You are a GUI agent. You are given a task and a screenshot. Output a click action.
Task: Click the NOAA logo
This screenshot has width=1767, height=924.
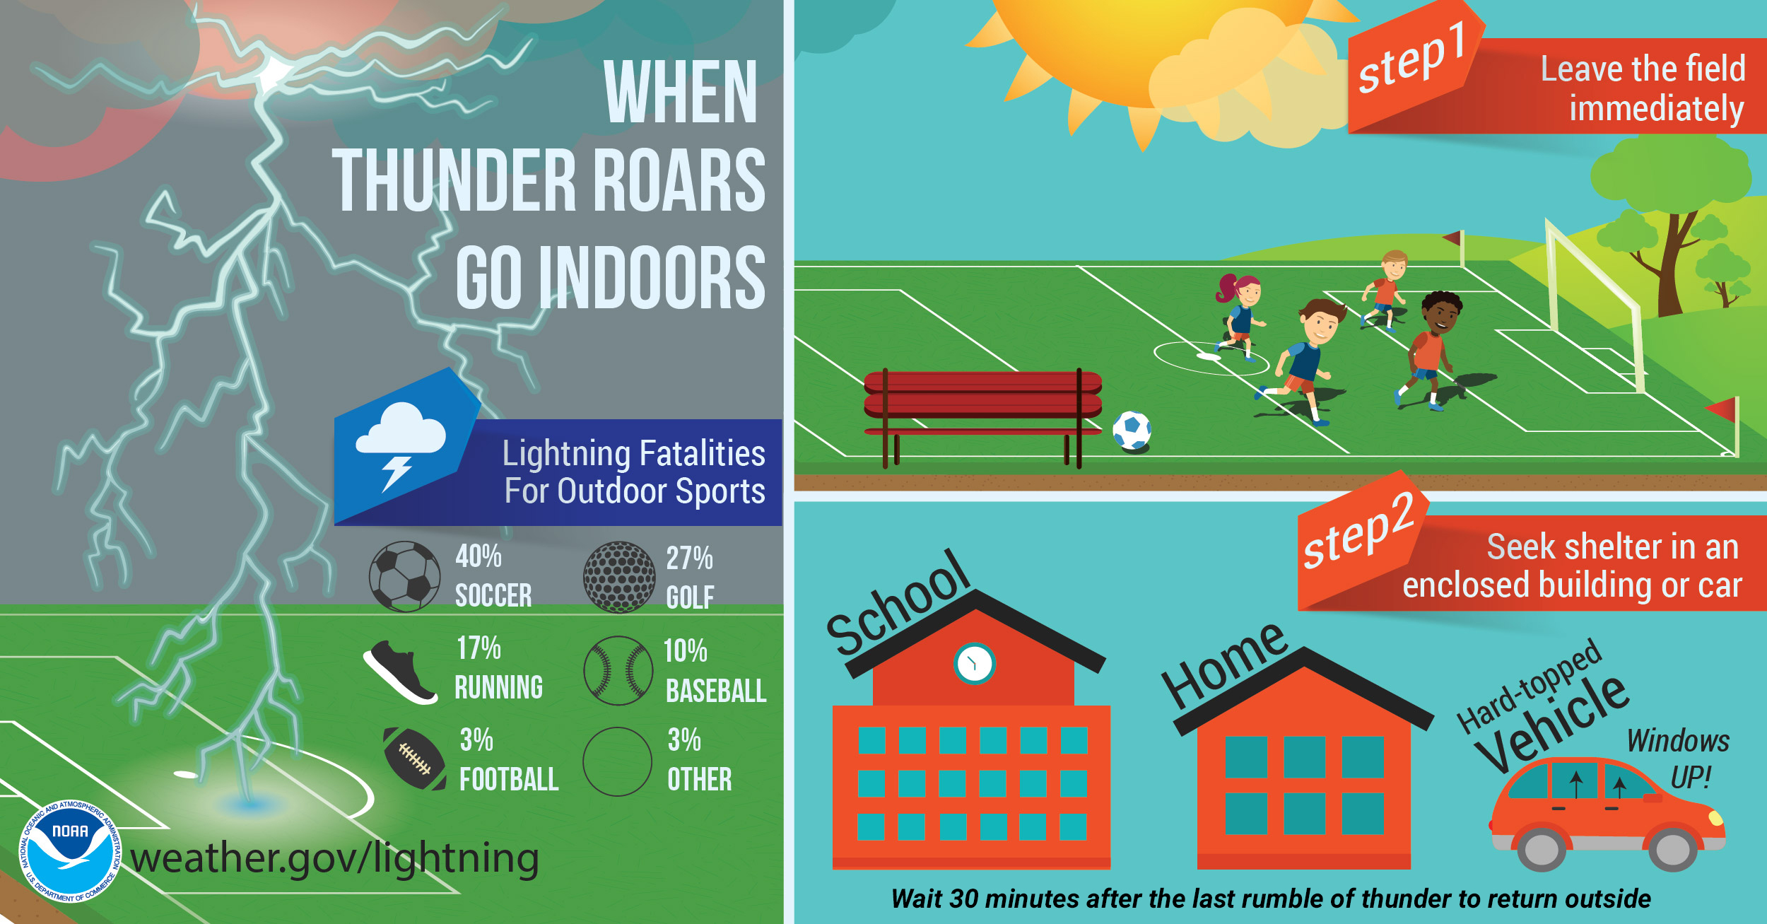pos(70,851)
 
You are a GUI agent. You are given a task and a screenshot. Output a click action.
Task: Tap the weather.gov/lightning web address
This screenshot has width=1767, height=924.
pos(335,859)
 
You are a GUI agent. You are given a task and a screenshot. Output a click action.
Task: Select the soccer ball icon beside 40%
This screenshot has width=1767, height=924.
pos(405,576)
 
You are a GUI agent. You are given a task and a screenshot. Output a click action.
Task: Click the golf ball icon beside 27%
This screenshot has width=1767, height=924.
pos(619,577)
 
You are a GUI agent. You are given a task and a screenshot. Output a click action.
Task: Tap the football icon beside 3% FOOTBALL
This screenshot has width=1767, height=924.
pos(414,759)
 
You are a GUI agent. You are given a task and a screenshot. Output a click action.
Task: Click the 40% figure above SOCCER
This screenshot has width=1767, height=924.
pos(479,556)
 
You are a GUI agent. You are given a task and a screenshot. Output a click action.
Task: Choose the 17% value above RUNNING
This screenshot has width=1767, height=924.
pos(479,648)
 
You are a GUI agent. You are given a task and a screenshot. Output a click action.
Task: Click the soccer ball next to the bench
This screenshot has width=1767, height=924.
pos(1132,431)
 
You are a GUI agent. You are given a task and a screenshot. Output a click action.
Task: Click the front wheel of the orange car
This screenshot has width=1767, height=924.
pos(1673,848)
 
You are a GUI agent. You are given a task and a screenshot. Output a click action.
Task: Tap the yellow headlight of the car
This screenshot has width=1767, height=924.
pos(1715,818)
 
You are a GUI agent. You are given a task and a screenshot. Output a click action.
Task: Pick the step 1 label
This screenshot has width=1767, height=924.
pos(1411,57)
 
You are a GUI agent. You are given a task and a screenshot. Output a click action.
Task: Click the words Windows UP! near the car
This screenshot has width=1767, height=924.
pos(1678,759)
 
